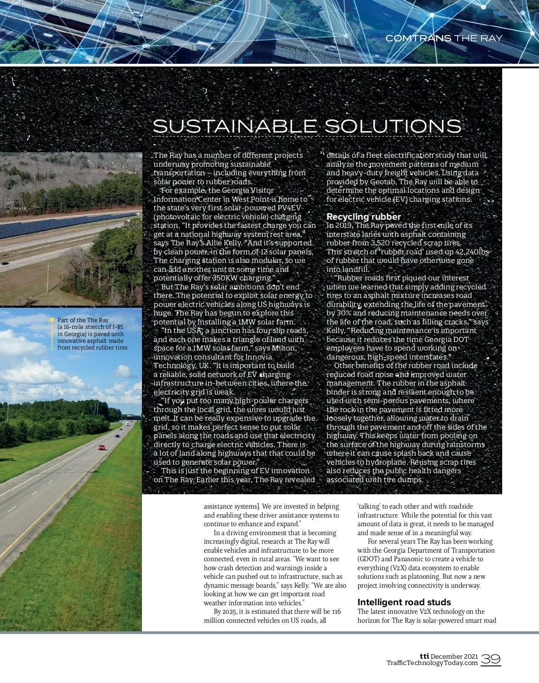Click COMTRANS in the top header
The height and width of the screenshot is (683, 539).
[x=418, y=38]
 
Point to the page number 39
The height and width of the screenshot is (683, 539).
[x=491, y=659]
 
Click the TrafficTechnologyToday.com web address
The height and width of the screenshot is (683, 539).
[x=432, y=663]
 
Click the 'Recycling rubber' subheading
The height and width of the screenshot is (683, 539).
[x=363, y=217]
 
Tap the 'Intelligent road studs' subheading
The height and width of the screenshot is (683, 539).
[x=404, y=602]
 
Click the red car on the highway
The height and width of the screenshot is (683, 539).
[x=102, y=447]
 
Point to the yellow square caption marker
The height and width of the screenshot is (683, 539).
[x=52, y=320]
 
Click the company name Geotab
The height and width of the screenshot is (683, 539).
[x=382, y=182]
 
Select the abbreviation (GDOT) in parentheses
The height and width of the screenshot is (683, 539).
[x=368, y=559]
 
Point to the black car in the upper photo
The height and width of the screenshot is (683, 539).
[x=4, y=263]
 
